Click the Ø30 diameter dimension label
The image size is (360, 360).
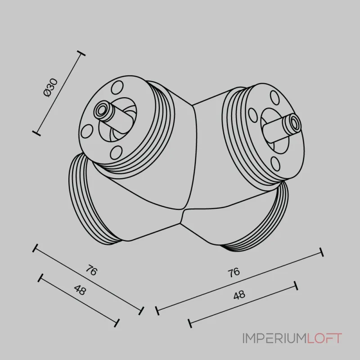(x=50, y=88)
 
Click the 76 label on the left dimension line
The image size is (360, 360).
(x=92, y=270)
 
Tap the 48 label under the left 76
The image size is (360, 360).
(x=80, y=290)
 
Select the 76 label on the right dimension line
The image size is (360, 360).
(x=234, y=273)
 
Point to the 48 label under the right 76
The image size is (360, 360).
(x=239, y=295)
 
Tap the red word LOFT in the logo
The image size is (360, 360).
(x=324, y=338)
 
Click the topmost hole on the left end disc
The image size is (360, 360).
(x=117, y=87)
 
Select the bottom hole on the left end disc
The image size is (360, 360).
(x=116, y=153)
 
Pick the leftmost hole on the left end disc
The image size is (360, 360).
(x=87, y=131)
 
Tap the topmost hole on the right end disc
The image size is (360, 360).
(x=274, y=97)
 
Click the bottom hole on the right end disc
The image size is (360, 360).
(x=275, y=164)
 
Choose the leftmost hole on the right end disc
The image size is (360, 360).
(x=253, y=115)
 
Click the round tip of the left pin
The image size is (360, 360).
(x=101, y=111)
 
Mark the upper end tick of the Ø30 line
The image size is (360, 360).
(x=81, y=53)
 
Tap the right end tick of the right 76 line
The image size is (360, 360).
(x=322, y=252)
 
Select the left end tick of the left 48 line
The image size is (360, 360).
(x=40, y=278)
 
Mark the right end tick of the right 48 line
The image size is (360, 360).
(x=296, y=285)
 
